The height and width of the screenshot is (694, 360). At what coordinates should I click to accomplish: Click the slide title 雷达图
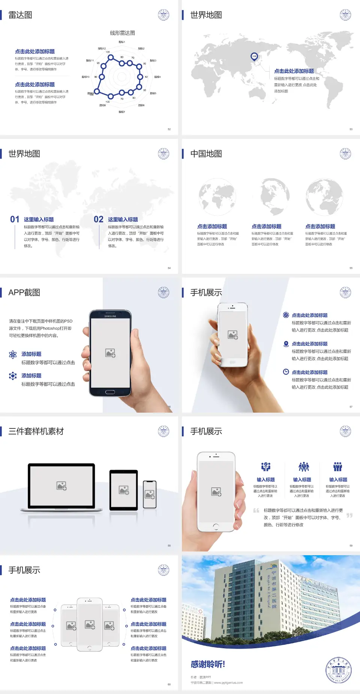pyautogui.click(x=20, y=15)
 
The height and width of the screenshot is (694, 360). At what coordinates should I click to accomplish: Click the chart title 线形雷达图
pyautogui.click(x=122, y=33)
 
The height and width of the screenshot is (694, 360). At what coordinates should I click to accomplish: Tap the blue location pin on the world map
pyautogui.click(x=254, y=57)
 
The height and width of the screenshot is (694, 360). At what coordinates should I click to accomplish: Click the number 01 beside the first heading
pyautogui.click(x=15, y=219)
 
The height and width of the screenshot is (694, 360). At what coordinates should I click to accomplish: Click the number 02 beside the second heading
pyautogui.click(x=99, y=219)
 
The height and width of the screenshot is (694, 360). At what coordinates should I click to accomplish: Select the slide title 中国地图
pyautogui.click(x=206, y=154)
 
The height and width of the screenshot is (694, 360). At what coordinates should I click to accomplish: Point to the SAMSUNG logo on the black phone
pyautogui.click(x=110, y=316)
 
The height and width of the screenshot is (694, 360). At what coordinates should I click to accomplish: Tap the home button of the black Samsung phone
pyautogui.click(x=110, y=392)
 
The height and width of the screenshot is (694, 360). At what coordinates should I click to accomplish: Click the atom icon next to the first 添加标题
pyautogui.click(x=13, y=355)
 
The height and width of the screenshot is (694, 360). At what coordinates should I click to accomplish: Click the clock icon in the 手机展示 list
pyautogui.click(x=286, y=372)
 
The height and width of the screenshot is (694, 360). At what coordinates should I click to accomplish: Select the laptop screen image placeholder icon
pyautogui.click(x=61, y=486)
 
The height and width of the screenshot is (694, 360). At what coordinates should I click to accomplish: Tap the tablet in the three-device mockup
pyautogui.click(x=124, y=490)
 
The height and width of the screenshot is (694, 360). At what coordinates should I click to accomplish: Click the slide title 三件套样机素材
pyautogui.click(x=36, y=431)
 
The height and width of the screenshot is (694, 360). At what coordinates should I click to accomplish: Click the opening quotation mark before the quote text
pyautogui.click(x=256, y=511)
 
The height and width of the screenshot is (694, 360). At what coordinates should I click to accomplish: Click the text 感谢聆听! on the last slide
pyautogui.click(x=208, y=664)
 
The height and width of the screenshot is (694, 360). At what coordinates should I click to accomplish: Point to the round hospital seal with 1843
pyautogui.click(x=339, y=670)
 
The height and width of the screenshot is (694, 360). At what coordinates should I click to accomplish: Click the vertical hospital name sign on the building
pyautogui.click(x=273, y=589)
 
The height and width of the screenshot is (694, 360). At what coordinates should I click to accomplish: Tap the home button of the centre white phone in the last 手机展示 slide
pyautogui.click(x=90, y=648)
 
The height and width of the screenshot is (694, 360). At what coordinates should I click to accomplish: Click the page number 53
pyautogui.click(x=351, y=129)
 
